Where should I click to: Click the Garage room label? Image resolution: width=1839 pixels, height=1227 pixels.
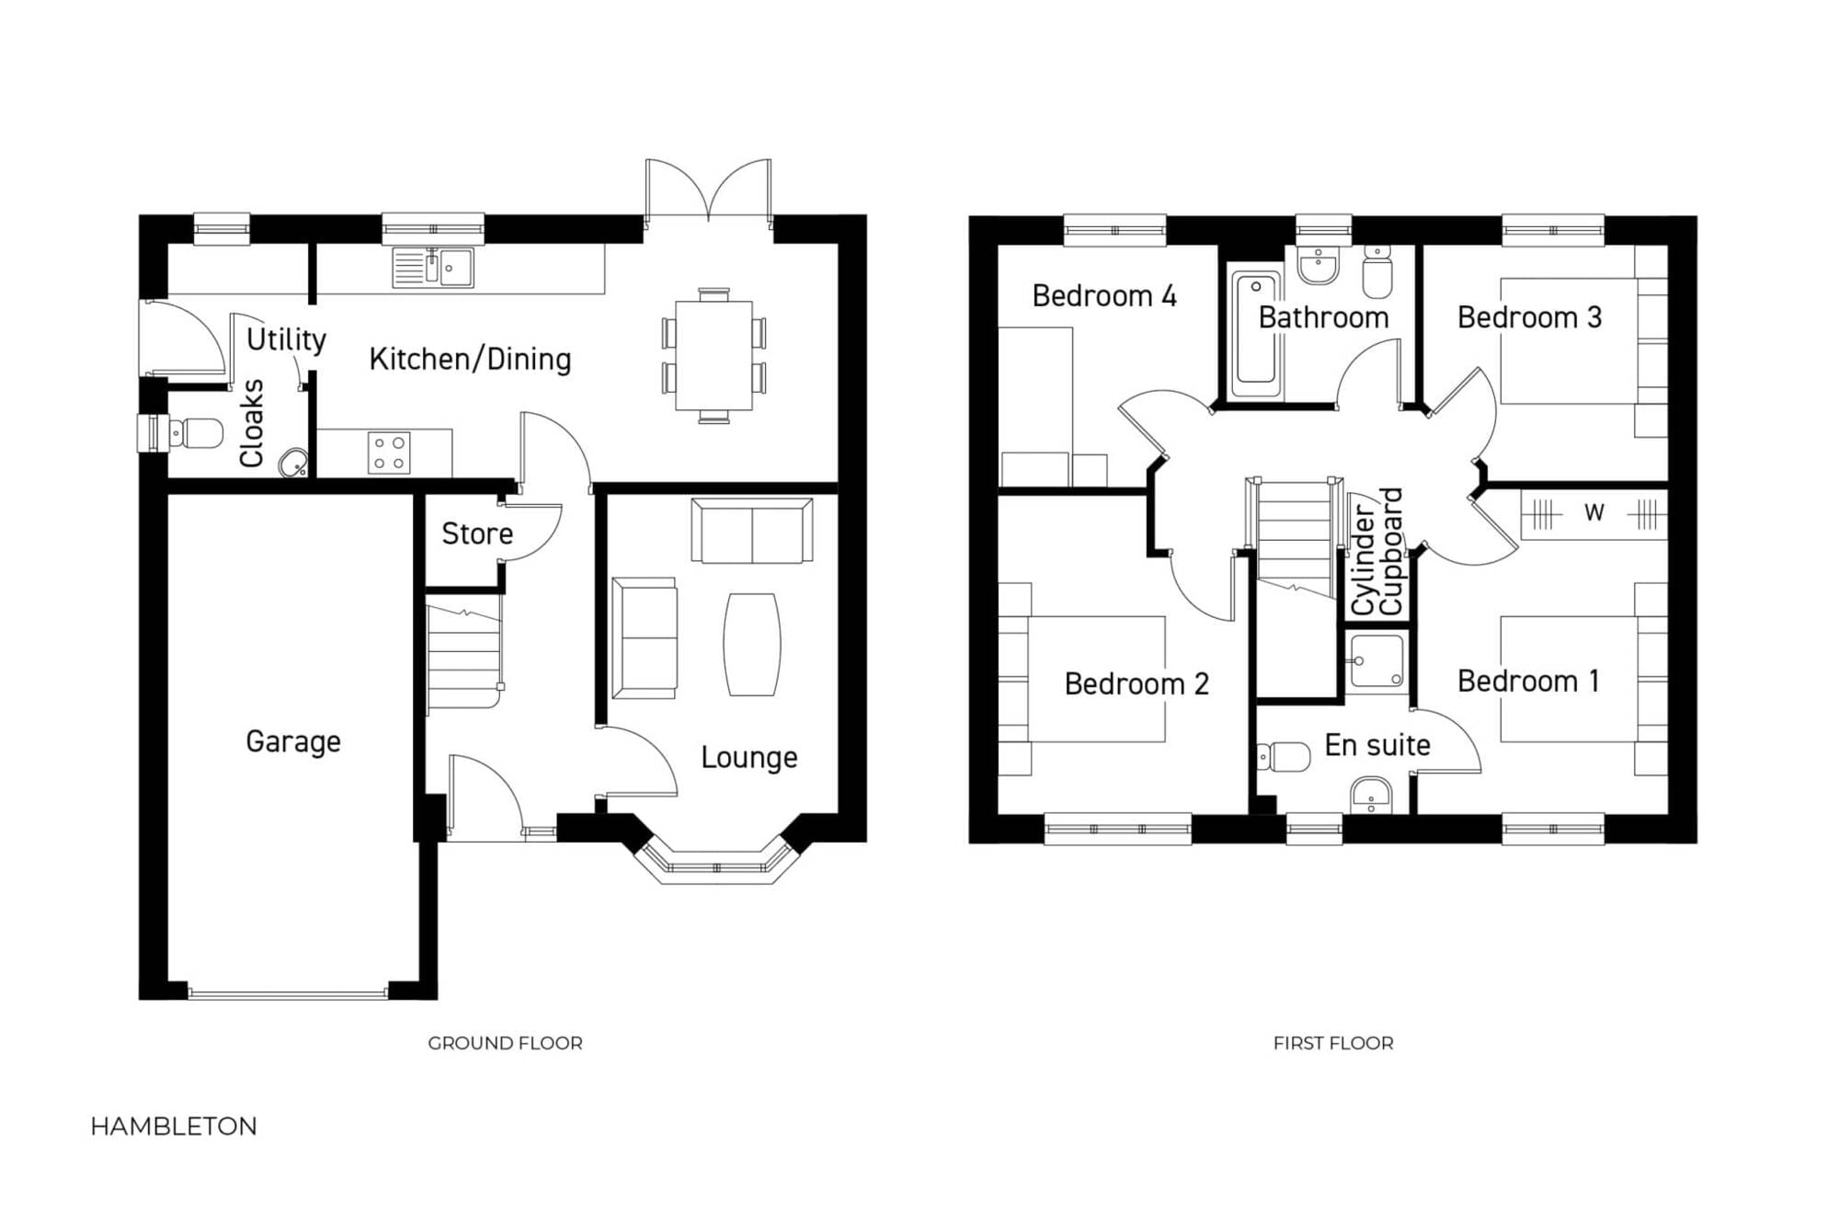pos(293,741)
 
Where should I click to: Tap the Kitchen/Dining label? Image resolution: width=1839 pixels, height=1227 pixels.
pos(470,359)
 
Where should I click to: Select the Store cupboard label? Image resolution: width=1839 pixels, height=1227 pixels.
pos(477,533)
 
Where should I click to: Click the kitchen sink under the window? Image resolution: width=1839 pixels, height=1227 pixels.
pos(433,268)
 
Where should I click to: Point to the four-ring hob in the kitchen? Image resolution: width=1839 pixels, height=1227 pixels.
pos(389,453)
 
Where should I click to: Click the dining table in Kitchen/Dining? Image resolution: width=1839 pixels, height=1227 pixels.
pos(714,356)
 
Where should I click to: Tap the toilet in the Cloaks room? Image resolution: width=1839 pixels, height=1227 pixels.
pos(188,433)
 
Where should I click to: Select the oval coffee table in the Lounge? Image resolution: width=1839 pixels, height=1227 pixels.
pos(752,644)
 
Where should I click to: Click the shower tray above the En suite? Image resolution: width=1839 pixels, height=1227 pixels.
pos(1376,661)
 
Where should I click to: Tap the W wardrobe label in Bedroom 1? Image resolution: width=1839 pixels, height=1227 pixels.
pos(1593,512)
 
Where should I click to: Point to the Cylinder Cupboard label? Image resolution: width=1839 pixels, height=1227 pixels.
pos(1376,552)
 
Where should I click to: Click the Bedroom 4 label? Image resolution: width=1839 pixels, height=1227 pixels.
pos(1104,296)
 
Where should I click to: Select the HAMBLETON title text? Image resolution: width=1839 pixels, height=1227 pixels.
pos(174,1127)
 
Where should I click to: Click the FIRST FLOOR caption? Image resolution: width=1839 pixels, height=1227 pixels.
pos(1333,1043)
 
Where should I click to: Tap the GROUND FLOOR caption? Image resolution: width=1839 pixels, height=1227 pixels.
pos(505,1043)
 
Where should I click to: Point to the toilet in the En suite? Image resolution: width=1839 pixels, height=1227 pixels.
pos(1284,757)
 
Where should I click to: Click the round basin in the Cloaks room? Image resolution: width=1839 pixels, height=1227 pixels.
pos(293,463)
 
